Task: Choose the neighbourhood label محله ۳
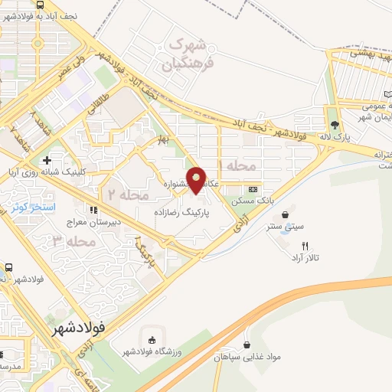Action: click(x=70, y=241)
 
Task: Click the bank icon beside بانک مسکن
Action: click(x=253, y=189)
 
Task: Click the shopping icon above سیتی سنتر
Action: click(x=286, y=215)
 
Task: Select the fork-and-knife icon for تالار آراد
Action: click(x=305, y=246)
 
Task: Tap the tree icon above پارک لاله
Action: click(x=335, y=126)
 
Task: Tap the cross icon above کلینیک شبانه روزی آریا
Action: click(x=47, y=161)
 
